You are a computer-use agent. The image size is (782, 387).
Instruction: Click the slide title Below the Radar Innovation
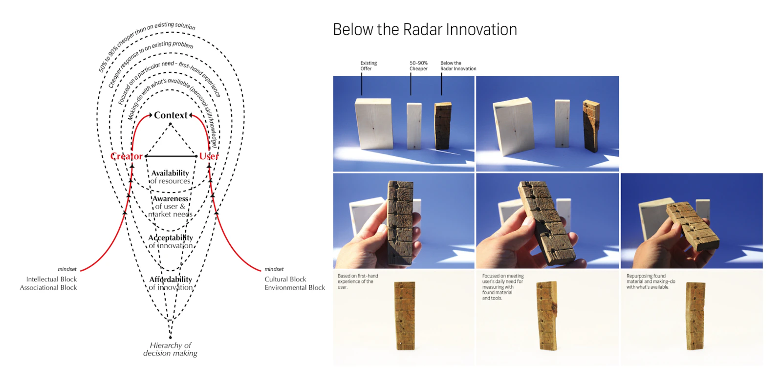tap(425, 29)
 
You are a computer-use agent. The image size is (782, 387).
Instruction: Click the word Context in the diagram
tap(171, 115)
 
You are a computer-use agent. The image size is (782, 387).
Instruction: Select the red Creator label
tap(126, 156)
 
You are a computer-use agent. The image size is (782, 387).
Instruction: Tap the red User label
tap(209, 156)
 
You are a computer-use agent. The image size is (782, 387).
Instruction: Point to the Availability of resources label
tap(170, 177)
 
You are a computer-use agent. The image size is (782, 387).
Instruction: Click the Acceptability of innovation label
tap(171, 241)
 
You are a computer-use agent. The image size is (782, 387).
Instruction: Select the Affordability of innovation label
tap(171, 283)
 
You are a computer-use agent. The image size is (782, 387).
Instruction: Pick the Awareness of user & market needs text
tap(170, 206)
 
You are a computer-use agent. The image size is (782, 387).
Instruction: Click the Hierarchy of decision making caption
tap(170, 349)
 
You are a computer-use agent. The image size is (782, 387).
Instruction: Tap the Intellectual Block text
tap(51, 279)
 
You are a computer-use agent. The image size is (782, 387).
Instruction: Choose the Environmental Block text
tap(295, 288)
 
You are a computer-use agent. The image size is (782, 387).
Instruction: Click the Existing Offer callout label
tap(368, 66)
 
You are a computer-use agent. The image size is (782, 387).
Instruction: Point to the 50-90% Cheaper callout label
tap(418, 66)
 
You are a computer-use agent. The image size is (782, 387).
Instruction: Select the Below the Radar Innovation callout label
tap(458, 66)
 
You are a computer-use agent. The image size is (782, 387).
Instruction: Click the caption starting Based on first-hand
tap(357, 281)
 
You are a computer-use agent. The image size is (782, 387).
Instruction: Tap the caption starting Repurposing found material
tap(651, 281)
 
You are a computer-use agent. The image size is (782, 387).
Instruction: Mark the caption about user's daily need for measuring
tap(502, 287)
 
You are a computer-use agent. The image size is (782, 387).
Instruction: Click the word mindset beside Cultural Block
tap(274, 269)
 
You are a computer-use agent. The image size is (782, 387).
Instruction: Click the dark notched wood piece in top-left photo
tap(443, 126)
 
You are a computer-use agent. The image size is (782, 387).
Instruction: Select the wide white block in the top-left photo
tap(374, 123)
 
